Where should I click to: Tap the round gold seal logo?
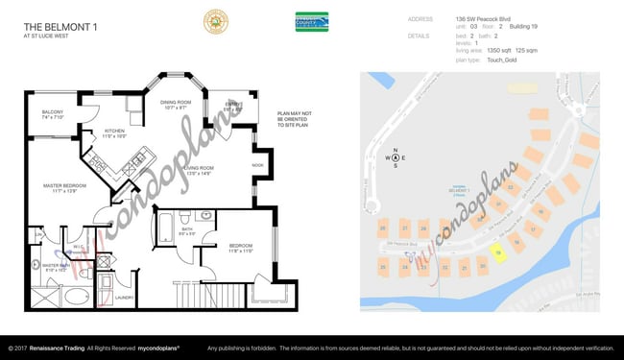pos(214,21)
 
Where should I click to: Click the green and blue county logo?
pos(311,21)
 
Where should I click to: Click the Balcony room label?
pos(53,114)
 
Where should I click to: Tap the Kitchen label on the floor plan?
pos(114,132)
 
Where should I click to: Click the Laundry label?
pos(123,298)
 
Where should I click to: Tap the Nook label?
pos(258,164)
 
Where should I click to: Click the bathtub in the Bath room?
pos(163,228)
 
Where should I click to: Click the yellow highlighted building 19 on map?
pos(498,251)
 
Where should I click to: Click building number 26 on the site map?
pos(383,228)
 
